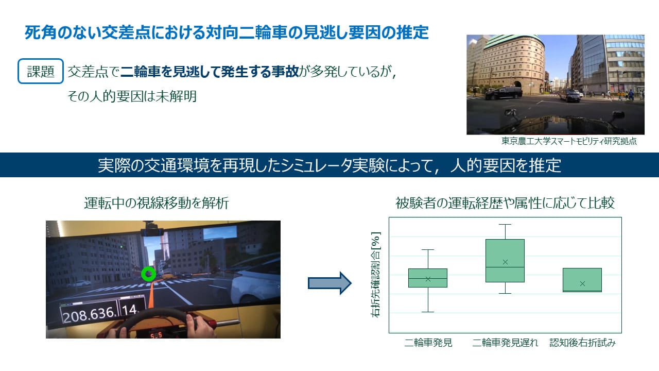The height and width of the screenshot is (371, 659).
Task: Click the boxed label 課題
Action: pos(41,71)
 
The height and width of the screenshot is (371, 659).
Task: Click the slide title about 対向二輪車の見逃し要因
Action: pos(227,32)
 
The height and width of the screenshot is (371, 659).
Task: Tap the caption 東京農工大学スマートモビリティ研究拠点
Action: pos(569,141)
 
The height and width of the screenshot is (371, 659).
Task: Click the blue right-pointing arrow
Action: pos(329,283)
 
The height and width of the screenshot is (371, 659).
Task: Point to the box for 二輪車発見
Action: pos(428,278)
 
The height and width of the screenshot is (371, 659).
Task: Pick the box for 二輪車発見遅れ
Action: pos(505,261)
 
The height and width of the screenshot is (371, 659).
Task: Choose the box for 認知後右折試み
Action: pos(582,280)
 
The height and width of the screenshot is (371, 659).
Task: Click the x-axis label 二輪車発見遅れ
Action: pos(505,343)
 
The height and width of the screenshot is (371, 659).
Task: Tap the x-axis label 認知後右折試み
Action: pos(582,343)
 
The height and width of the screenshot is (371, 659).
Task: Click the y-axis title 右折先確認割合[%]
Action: pos(376,275)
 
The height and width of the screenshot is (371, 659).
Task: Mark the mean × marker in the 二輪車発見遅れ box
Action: pos(505,262)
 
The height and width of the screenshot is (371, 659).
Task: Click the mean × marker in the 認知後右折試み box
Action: pos(582,284)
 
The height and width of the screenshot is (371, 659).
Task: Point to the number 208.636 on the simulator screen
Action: pos(89,315)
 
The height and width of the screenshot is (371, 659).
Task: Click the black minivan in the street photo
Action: pos(504,93)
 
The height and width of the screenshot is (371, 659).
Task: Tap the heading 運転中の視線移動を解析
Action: pos(157,203)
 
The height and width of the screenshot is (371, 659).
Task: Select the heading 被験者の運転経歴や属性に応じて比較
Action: pos(505,203)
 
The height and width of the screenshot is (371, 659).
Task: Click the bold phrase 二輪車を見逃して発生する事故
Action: pos(210,72)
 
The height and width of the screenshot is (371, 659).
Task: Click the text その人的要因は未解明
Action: pos(132,96)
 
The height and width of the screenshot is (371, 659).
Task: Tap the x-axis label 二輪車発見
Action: pos(428,343)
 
